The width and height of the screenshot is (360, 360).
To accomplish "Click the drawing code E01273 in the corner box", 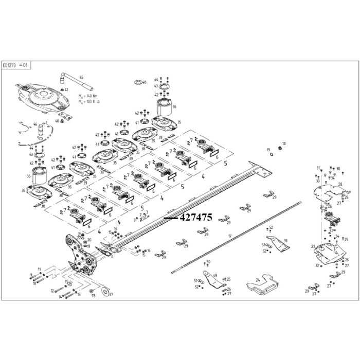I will [10, 66].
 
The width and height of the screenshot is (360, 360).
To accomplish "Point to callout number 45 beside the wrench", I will [81, 77].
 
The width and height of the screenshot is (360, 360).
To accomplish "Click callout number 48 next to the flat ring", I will [145, 82].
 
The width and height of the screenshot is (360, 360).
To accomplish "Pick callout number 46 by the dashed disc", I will [35, 125].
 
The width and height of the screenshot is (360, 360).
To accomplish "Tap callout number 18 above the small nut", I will [284, 143].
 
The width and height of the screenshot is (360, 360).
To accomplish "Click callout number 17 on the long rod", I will [230, 236].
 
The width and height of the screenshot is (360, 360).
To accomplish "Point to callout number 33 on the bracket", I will [285, 240].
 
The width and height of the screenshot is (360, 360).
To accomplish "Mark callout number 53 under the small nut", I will [93, 296].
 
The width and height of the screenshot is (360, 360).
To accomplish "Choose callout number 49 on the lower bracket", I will [214, 275].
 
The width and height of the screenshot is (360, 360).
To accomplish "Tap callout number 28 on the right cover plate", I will [339, 184].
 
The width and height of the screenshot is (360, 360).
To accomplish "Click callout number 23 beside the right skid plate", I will [312, 247].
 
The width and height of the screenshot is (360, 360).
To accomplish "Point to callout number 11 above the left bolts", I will [39, 269].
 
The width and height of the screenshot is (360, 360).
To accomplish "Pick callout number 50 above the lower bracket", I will [208, 262].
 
